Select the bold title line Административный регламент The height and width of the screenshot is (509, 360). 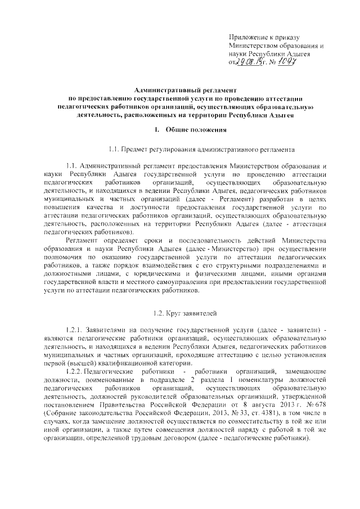click(x=186, y=90)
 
